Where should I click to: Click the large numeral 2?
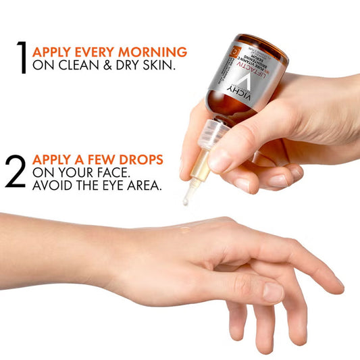(15, 172)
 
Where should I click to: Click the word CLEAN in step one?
(78, 67)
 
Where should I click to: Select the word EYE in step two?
(110, 187)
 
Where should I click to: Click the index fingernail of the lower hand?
(273, 291)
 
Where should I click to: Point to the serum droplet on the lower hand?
(184, 230)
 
